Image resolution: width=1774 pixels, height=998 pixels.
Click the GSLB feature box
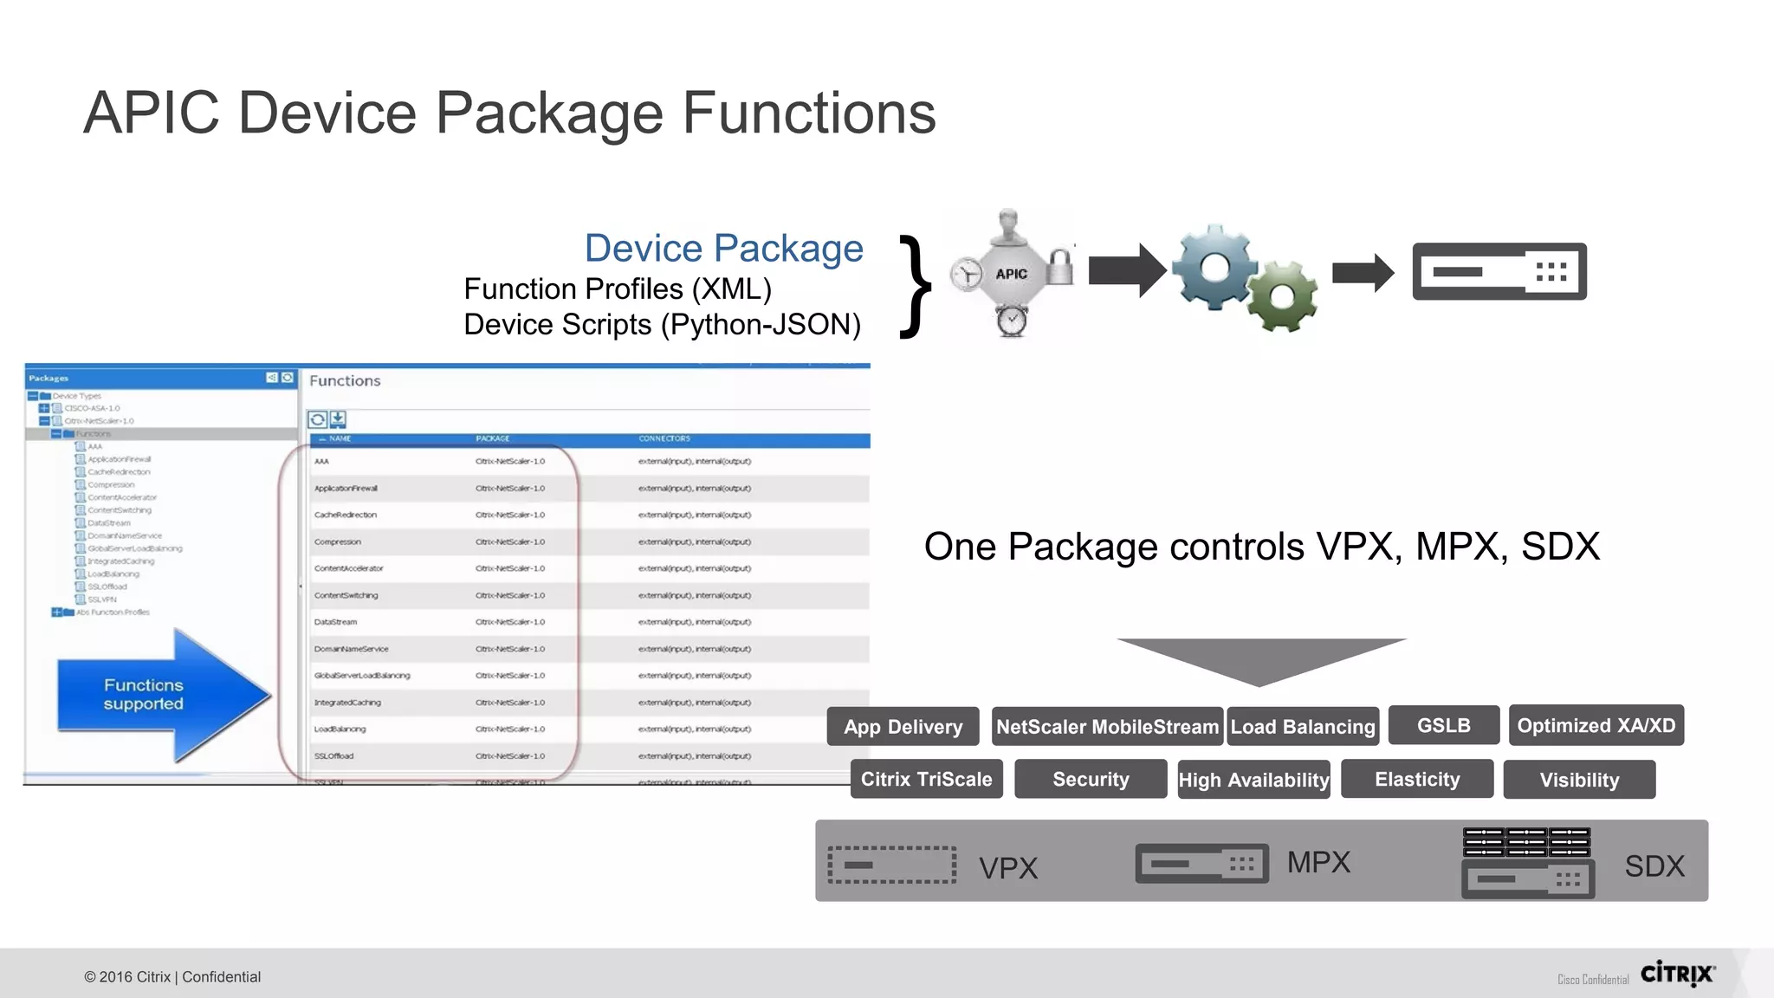click(x=1443, y=725)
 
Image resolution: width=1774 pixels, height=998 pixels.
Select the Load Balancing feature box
click(x=1303, y=727)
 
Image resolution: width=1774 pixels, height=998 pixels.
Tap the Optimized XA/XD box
click(x=1596, y=725)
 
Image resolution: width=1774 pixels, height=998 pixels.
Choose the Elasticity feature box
click(x=1416, y=779)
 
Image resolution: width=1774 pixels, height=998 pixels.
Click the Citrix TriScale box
click(x=926, y=779)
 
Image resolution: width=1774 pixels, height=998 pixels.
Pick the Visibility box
click(x=1578, y=780)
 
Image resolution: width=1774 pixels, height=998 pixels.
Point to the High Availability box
click(x=1253, y=780)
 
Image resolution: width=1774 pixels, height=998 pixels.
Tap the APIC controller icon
click(x=1011, y=274)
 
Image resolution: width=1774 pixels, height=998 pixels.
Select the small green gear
click(x=1282, y=297)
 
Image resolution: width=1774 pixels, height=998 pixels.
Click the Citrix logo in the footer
click(x=1677, y=974)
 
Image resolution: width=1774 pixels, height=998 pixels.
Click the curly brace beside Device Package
click(x=915, y=286)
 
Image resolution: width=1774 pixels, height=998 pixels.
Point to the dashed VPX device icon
click(x=891, y=865)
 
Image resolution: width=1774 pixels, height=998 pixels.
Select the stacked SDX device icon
click(x=1527, y=862)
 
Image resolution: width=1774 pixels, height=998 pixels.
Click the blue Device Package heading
click(x=723, y=249)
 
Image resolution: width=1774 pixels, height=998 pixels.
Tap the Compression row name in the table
click(x=338, y=541)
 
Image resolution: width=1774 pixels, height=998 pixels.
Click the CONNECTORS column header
click(x=664, y=438)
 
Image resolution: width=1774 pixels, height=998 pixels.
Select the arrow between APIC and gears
click(x=1126, y=270)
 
